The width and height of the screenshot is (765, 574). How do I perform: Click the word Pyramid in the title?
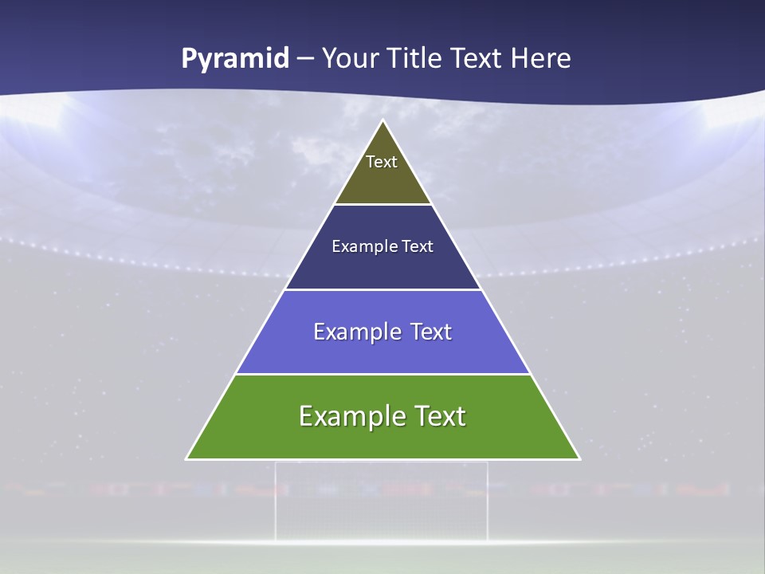tap(235, 59)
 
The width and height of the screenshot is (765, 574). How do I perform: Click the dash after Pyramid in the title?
tap(305, 59)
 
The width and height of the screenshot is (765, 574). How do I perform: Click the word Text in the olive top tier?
tap(382, 162)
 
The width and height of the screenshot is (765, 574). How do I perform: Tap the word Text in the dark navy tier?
tap(418, 246)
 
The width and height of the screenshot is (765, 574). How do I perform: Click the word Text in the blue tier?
tap(431, 332)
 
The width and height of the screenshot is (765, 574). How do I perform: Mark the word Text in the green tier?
tap(439, 416)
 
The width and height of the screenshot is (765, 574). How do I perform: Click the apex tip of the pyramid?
tap(383, 121)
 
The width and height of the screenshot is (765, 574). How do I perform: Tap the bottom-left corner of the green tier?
tap(187, 458)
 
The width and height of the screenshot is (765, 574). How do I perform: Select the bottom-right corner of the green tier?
tap(579, 458)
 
